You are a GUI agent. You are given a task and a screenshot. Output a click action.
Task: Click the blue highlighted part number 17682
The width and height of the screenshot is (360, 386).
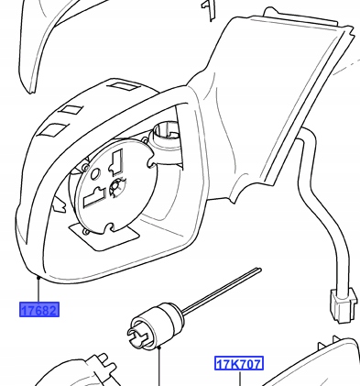tap(39, 310)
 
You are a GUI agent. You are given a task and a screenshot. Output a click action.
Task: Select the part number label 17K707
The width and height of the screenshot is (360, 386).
tap(239, 364)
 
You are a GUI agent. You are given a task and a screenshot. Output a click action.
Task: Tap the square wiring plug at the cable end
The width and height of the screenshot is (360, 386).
tap(344, 304)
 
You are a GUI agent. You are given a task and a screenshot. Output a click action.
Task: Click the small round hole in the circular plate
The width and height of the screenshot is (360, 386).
tap(95, 174)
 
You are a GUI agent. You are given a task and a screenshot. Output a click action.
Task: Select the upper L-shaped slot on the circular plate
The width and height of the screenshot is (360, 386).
tap(116, 162)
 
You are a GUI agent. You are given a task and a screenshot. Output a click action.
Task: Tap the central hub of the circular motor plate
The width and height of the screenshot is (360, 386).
tap(116, 185)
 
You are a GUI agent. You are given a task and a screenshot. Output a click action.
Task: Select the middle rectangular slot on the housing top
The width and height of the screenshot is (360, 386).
tap(71, 110)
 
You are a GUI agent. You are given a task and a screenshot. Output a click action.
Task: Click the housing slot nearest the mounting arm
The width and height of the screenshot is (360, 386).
tap(125, 86)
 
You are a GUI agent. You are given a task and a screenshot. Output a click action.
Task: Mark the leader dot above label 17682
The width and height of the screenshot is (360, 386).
tap(38, 277)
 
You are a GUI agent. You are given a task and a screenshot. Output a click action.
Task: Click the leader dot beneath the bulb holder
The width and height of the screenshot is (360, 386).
tap(158, 347)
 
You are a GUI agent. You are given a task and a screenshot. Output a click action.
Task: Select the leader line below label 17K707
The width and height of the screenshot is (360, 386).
tap(240, 379)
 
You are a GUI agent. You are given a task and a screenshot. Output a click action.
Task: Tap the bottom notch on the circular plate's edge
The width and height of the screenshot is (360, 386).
tap(110, 227)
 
